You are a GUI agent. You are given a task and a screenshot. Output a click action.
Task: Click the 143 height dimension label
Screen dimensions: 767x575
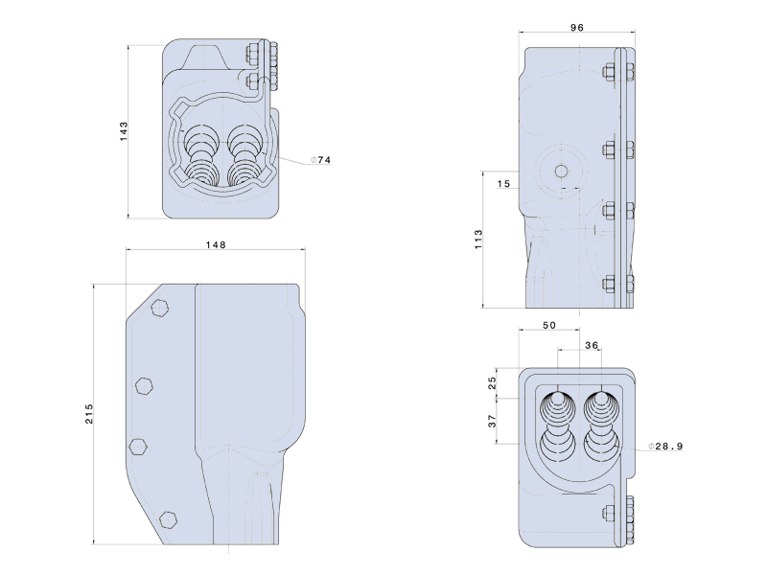point(124,131)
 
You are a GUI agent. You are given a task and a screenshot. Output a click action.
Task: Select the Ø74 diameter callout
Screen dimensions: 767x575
point(321,160)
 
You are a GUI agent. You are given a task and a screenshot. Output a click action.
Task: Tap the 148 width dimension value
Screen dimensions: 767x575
point(216,244)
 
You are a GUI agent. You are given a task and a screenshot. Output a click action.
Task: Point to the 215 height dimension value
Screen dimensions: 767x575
point(89,414)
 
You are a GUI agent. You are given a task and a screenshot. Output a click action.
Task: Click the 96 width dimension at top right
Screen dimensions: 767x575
point(577,28)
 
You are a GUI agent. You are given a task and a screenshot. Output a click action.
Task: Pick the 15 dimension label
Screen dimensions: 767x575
point(504,184)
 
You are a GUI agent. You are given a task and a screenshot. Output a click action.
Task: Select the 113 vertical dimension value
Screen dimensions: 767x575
point(478,239)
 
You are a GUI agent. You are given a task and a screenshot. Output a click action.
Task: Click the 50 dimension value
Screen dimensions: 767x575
point(549,325)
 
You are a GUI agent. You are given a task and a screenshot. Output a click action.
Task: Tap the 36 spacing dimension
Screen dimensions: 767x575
point(592,345)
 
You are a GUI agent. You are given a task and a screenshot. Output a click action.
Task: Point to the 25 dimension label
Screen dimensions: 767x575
point(493,381)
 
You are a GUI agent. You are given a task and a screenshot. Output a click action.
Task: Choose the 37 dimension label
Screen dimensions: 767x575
point(493,421)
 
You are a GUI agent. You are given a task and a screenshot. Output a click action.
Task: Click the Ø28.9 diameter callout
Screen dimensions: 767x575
point(665,446)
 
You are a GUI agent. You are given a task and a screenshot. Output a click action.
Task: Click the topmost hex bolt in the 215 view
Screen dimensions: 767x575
point(160,308)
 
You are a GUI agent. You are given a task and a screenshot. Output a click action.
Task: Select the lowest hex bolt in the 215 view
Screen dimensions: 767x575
point(168,519)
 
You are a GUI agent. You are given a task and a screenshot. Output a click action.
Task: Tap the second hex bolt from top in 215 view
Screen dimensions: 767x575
point(145,385)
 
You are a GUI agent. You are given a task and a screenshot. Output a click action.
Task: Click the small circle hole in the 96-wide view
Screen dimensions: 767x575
point(561,171)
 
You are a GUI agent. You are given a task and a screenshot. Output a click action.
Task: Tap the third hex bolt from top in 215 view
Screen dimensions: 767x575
point(138,447)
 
